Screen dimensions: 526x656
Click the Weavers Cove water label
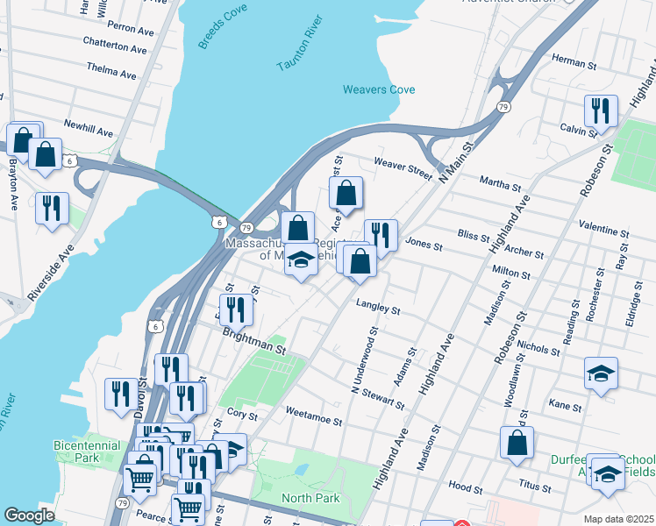click(x=379, y=89)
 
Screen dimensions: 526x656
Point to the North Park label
click(x=310, y=499)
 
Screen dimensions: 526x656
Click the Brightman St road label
click(x=254, y=341)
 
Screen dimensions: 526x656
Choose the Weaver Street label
click(x=403, y=168)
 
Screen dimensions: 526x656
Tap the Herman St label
click(x=574, y=64)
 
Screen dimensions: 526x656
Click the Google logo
click(x=30, y=515)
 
